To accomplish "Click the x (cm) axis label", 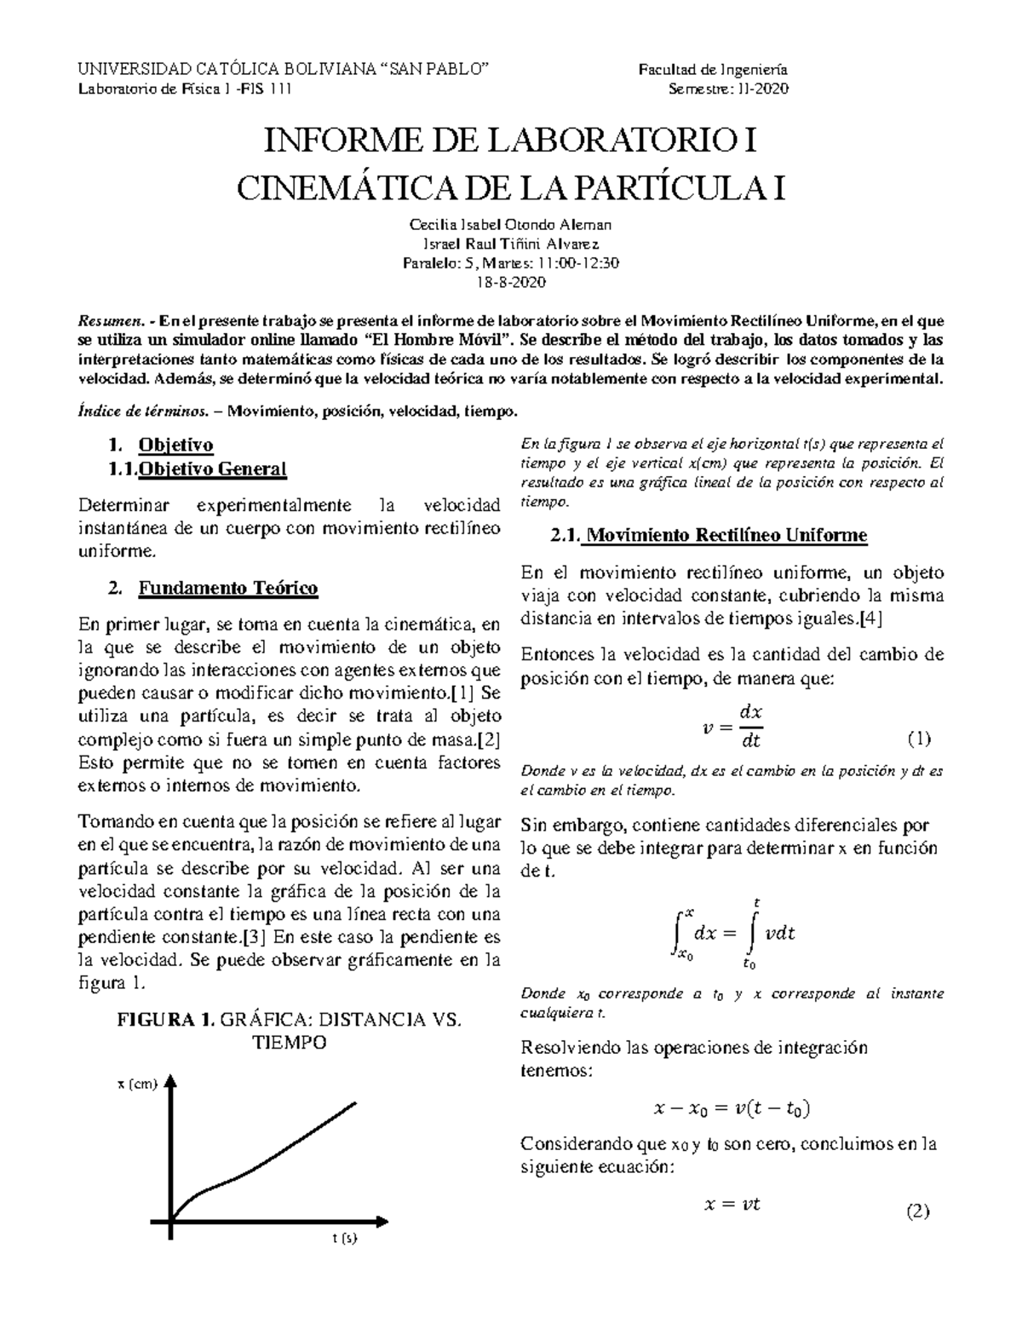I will [x=138, y=1084].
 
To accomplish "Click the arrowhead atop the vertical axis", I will [x=171, y=1081].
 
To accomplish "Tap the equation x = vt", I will [x=731, y=1204].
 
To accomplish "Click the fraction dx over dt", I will [x=750, y=726].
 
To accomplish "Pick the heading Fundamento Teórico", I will [x=228, y=588].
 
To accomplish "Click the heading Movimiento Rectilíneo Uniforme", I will [x=727, y=536].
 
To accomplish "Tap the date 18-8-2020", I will [x=511, y=282].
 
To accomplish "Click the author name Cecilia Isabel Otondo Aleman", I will [x=511, y=225].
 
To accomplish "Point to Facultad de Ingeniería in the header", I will [x=714, y=70].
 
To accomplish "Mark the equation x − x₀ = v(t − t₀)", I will [x=731, y=1108].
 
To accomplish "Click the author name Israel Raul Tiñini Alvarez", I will [x=511, y=244].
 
